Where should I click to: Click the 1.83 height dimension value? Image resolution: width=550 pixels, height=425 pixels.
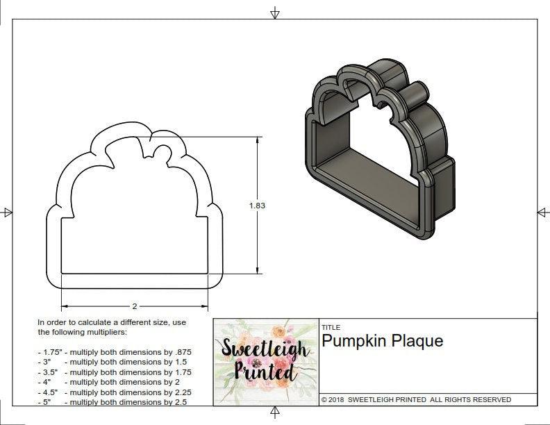click(258, 206)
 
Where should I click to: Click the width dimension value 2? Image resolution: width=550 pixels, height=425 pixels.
click(134, 306)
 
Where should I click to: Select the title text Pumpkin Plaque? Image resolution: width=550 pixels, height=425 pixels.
click(382, 341)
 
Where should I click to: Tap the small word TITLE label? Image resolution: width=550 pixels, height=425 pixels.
click(330, 327)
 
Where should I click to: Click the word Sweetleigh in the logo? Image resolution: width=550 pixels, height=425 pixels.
click(265, 349)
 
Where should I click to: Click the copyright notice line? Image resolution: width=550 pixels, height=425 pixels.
click(416, 400)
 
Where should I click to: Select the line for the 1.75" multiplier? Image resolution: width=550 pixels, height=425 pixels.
click(114, 352)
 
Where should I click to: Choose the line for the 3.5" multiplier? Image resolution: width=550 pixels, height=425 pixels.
click(114, 372)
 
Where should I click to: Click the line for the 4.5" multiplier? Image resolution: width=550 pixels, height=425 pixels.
click(114, 392)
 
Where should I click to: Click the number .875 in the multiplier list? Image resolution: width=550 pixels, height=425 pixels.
click(180, 352)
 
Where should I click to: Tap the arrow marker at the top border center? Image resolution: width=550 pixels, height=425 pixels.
click(275, 12)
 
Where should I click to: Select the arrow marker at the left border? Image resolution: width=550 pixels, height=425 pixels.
click(8, 212)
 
